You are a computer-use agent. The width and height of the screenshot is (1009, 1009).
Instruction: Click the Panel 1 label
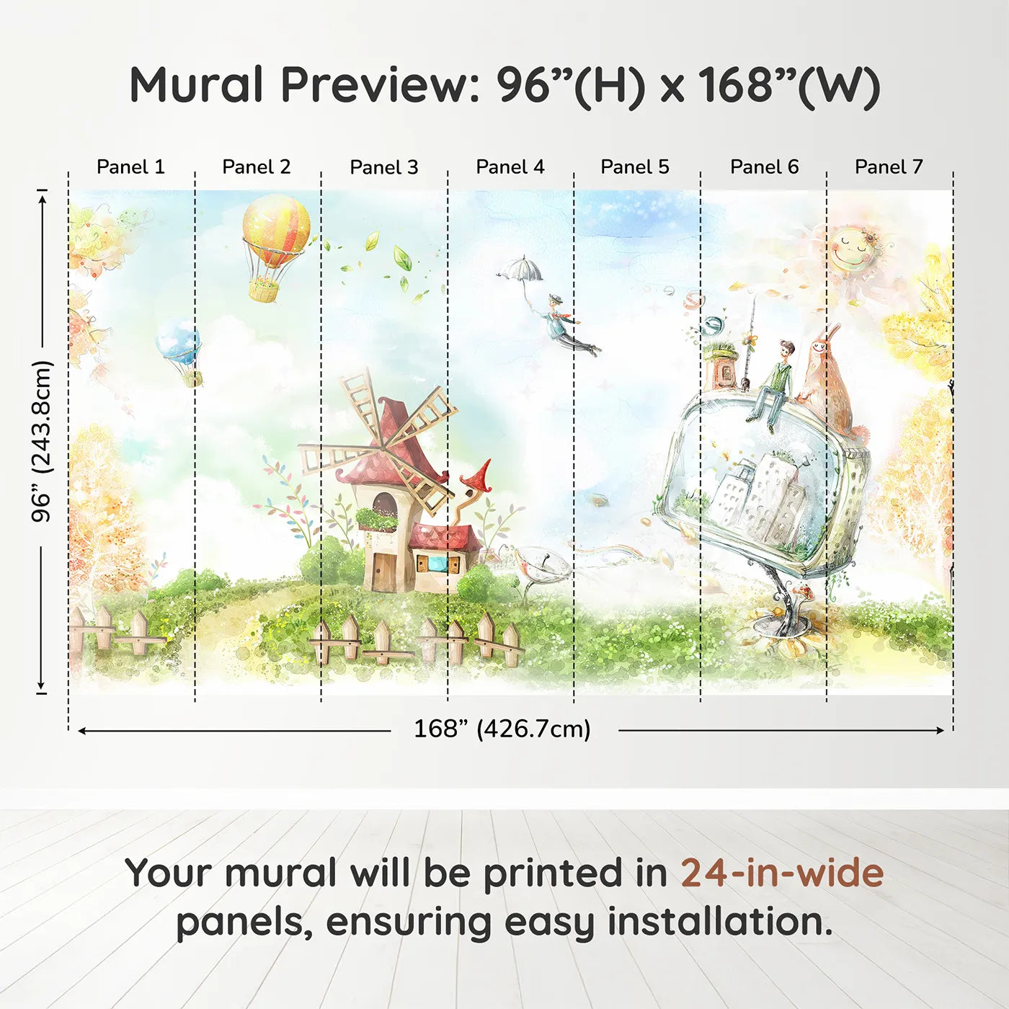click(130, 167)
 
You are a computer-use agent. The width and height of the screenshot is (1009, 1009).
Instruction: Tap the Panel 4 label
click(510, 167)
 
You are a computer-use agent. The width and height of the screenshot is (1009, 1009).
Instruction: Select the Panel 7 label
click(889, 167)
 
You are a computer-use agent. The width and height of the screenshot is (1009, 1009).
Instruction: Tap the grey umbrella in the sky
click(520, 270)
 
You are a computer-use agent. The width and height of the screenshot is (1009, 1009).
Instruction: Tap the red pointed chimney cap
click(477, 476)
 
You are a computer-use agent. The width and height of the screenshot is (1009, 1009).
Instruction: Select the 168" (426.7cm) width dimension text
click(502, 729)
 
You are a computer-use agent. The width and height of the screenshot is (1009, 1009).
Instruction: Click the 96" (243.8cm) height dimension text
click(42, 441)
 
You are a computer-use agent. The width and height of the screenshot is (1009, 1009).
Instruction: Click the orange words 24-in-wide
click(782, 873)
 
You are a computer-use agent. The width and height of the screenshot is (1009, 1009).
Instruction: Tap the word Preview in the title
click(375, 85)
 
